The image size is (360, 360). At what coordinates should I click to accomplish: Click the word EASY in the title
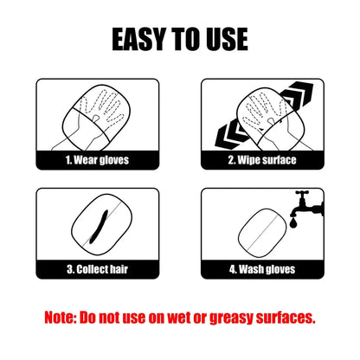[142, 38]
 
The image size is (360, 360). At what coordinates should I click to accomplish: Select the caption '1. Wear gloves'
[97, 159]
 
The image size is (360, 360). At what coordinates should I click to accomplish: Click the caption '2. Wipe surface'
[263, 159]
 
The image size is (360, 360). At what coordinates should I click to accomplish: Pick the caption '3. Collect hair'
[97, 269]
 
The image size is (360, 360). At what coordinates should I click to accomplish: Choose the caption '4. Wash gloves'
[263, 269]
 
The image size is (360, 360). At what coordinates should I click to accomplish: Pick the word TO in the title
[185, 38]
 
